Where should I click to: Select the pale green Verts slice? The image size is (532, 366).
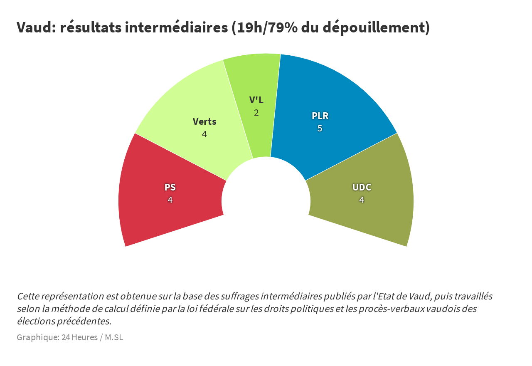coord(183,104)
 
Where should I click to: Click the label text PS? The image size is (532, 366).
coord(170,187)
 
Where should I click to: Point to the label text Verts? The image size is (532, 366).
coord(204,121)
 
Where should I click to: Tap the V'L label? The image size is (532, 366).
coord(256,100)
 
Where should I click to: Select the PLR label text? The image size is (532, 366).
coord(320,116)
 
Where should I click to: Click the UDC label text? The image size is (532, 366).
coord(362,187)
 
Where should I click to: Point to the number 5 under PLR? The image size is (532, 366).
coord(320,129)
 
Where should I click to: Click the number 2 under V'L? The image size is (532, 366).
coord(256,113)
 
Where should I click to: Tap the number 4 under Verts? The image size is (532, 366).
coord(204,134)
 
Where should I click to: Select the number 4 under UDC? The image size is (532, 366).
coord(362,200)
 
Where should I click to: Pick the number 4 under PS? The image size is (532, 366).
coord(170,200)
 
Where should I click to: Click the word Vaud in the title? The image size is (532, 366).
coord(34,28)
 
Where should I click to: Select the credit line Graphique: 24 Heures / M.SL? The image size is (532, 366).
coord(70,337)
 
